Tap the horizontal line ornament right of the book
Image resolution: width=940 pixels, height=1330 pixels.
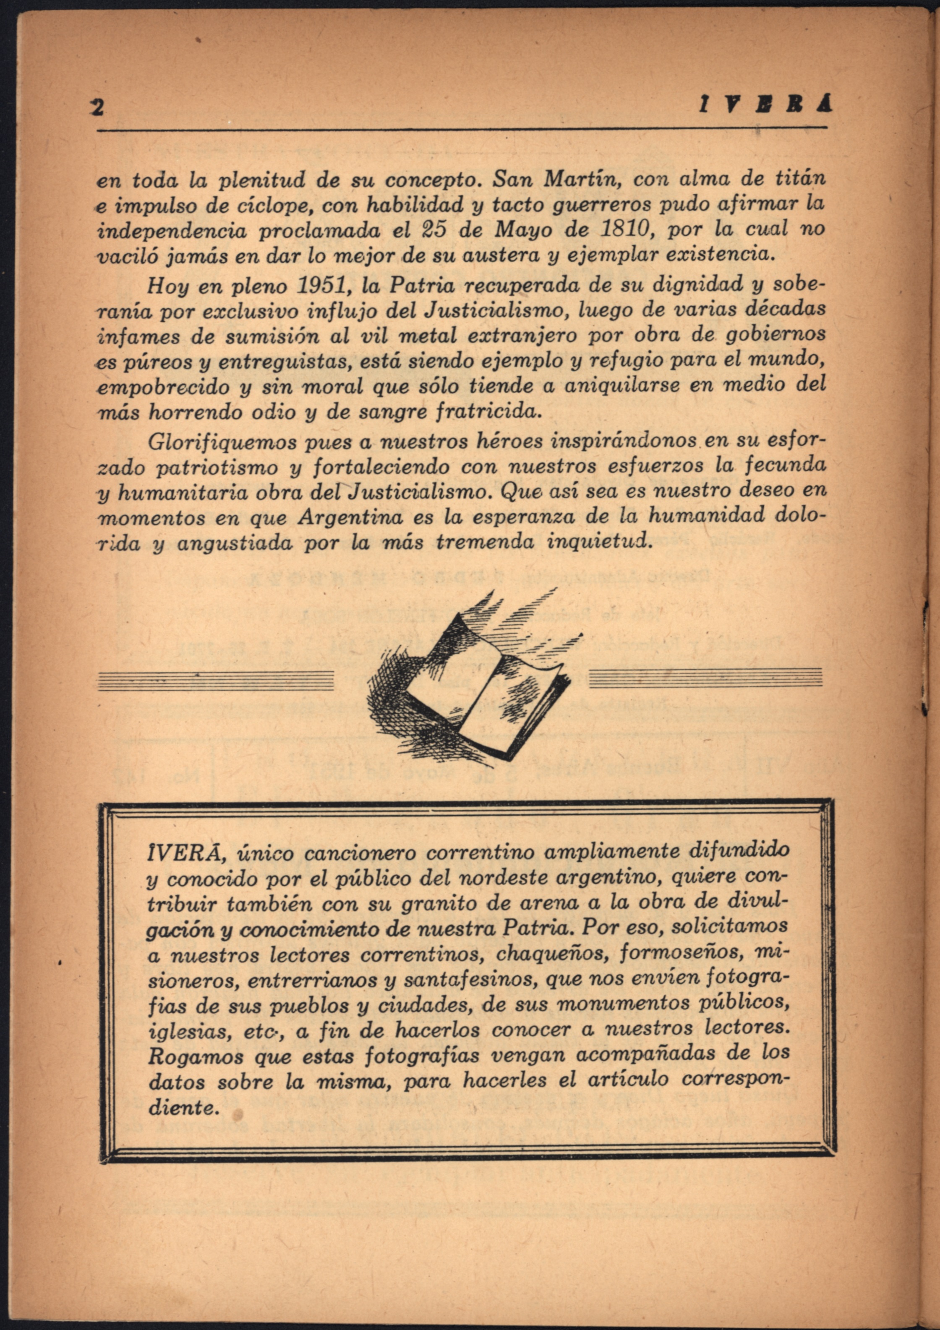pos(705,678)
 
